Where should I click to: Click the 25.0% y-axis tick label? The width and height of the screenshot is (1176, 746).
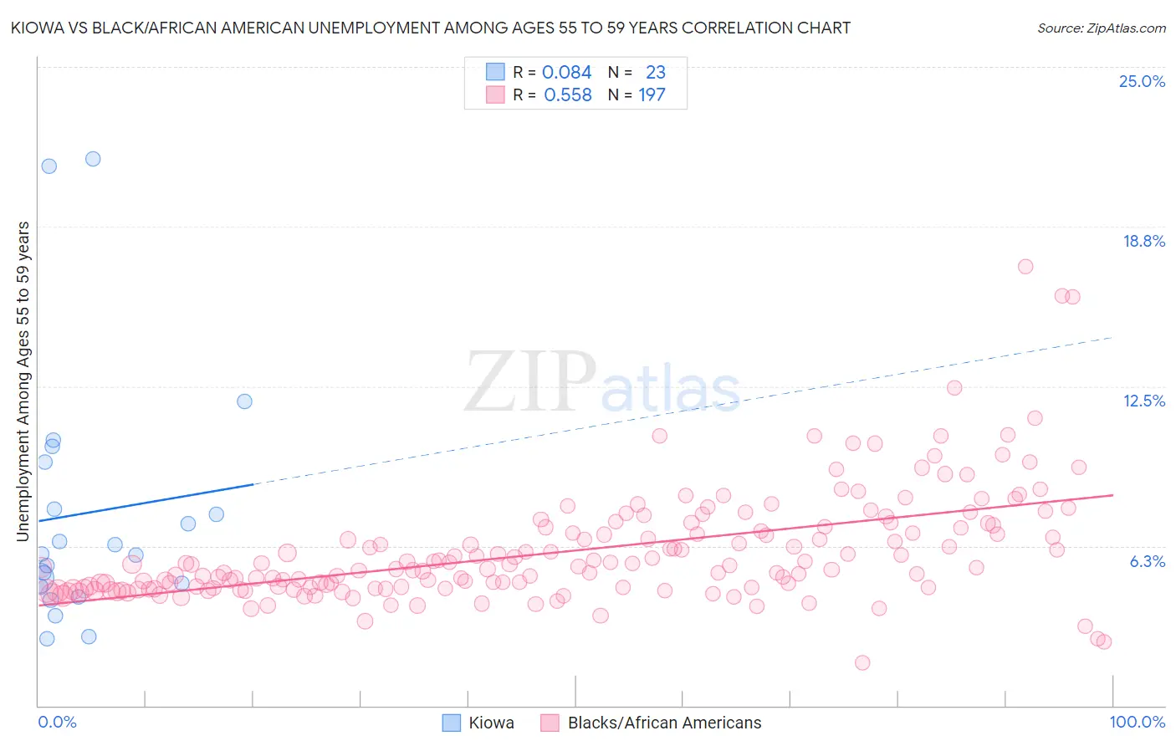(x=1142, y=81)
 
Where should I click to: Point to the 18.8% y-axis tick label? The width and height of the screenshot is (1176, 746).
(x=1143, y=241)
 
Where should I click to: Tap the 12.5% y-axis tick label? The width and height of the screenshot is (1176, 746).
(x=1143, y=401)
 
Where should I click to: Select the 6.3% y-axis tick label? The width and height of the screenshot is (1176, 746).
(x=1147, y=561)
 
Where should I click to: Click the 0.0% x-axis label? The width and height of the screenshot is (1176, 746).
(x=57, y=722)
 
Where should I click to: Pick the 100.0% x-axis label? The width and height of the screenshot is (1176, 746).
(x=1137, y=722)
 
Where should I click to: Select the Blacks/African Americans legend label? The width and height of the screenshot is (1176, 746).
(x=664, y=723)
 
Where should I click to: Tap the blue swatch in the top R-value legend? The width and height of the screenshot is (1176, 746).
(x=495, y=72)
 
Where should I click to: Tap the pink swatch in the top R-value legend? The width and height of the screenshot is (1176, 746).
(x=495, y=95)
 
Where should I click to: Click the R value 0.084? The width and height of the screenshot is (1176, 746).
(x=566, y=72)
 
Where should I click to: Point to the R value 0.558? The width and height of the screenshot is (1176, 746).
(x=567, y=95)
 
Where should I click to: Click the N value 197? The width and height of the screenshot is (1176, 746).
(x=652, y=95)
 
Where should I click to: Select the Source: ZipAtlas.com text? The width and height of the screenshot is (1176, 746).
(x=1101, y=28)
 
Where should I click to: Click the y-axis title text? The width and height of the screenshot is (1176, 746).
(x=23, y=381)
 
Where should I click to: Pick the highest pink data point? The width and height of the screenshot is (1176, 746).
(x=1025, y=267)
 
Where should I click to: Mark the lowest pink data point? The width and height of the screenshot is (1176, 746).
(x=862, y=662)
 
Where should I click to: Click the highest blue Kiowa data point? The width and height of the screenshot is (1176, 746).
(x=93, y=159)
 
